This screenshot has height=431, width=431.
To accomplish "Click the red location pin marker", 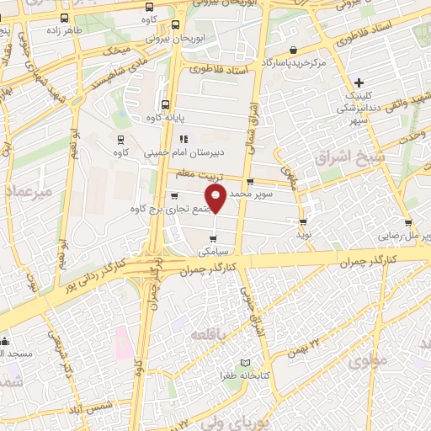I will [216, 199].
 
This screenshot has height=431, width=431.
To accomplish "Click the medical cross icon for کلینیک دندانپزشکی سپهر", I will [359, 82].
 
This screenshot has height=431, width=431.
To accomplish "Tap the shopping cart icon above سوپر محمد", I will [250, 182].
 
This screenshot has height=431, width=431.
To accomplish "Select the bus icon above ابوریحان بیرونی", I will [175, 24].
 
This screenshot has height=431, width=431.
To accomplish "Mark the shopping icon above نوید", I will [304, 222].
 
